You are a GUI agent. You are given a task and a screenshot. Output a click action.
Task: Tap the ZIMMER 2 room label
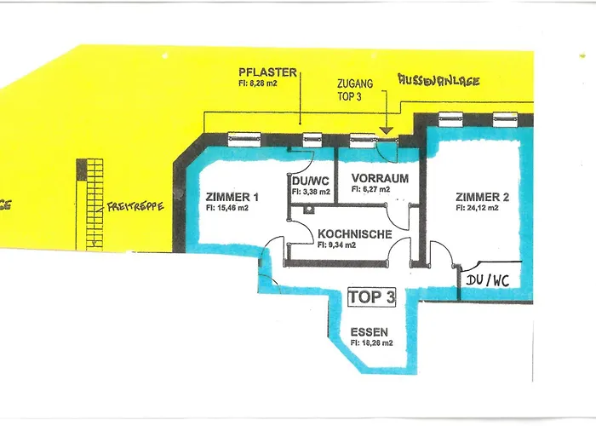click(x=482, y=197)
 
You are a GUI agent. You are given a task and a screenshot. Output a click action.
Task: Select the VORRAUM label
click(x=375, y=179)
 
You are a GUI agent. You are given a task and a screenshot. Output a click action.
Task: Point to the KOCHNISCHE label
click(x=354, y=233)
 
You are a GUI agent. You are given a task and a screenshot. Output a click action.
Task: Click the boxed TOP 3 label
click(x=372, y=297)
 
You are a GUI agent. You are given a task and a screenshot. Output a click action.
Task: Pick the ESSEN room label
click(x=370, y=332)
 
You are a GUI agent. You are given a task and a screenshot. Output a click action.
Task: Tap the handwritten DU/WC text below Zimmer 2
click(x=488, y=280)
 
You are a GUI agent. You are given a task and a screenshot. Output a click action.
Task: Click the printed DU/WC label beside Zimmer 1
click(x=305, y=181)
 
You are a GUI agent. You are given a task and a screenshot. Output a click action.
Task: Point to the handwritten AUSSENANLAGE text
click(x=438, y=81)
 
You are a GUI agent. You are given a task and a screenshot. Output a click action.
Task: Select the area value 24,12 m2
click(x=482, y=207)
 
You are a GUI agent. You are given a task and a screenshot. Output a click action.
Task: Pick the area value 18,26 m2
click(x=371, y=343)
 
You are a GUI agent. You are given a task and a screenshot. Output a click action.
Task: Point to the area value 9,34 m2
click(x=353, y=244)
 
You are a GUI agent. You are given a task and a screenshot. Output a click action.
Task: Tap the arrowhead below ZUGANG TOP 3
click(x=385, y=130)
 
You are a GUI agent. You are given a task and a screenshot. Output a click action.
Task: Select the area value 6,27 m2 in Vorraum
click(x=370, y=189)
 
